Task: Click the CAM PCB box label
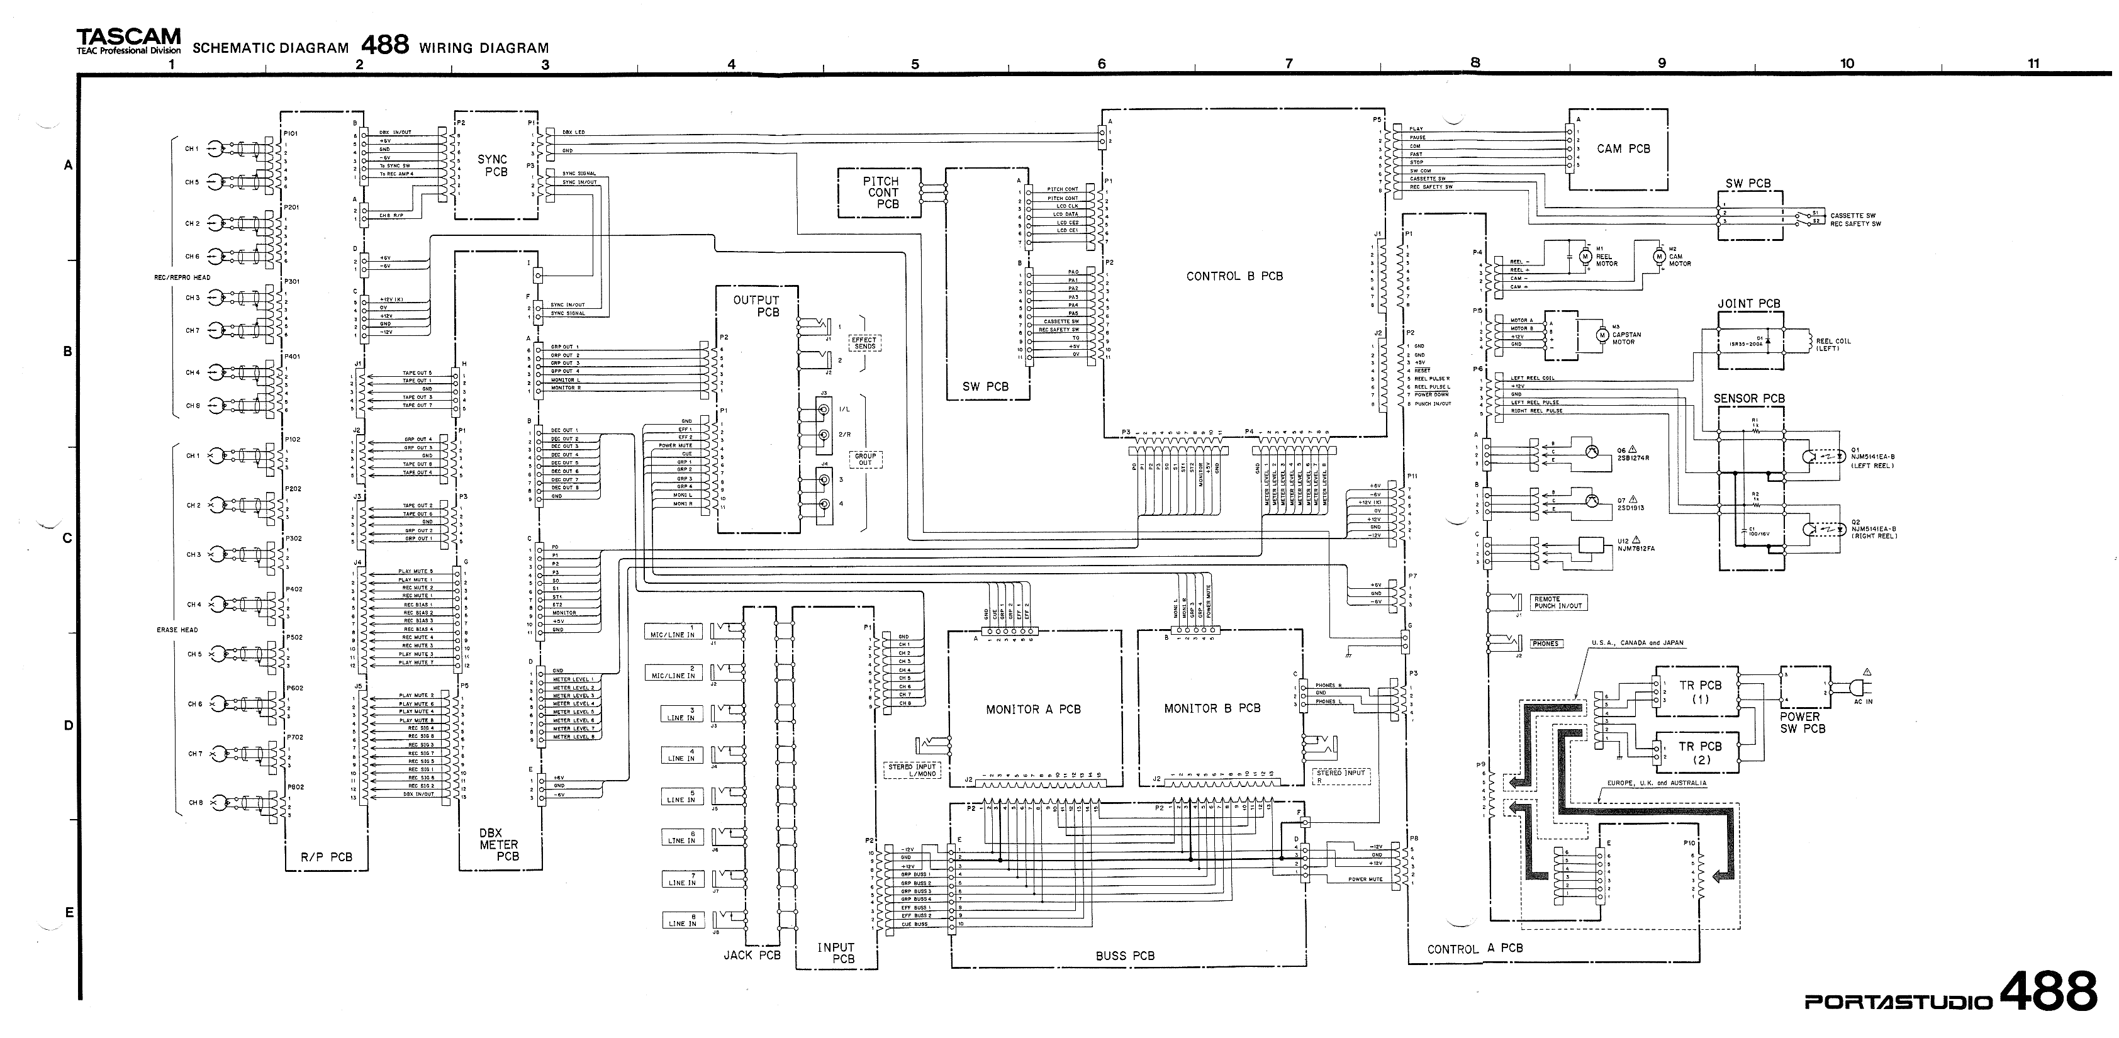(x=1623, y=149)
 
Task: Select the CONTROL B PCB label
(x=1234, y=276)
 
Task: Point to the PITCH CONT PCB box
(x=881, y=193)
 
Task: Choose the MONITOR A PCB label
(x=1033, y=709)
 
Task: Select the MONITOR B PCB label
(x=1212, y=708)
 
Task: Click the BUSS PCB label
(x=1124, y=956)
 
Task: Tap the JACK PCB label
(x=752, y=955)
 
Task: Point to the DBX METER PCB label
(x=498, y=845)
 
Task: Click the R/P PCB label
(x=326, y=857)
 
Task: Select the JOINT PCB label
(x=1749, y=303)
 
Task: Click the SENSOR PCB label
(x=1749, y=399)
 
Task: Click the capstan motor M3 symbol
(x=1601, y=335)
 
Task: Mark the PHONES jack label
(x=1546, y=643)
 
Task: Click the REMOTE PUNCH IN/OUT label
(x=1558, y=603)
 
